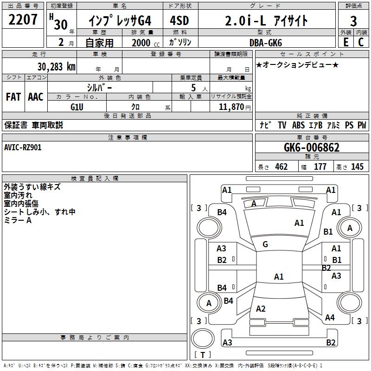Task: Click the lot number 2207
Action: pyautogui.click(x=23, y=19)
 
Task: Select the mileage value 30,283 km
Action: pyautogui.click(x=56, y=67)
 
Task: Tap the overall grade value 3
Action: pyautogui.click(x=353, y=21)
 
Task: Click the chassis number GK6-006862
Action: pyautogui.click(x=312, y=147)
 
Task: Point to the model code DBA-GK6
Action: pyautogui.click(x=266, y=43)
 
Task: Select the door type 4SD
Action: pyautogui.click(x=179, y=20)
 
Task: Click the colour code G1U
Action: pyautogui.click(x=77, y=107)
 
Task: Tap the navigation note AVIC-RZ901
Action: pyautogui.click(x=23, y=147)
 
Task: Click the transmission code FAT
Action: pyautogui.click(x=13, y=97)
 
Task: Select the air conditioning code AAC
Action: pyautogui.click(x=36, y=97)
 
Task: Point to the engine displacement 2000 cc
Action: pyautogui.click(x=146, y=43)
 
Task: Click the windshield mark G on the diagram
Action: pyautogui.click(x=265, y=244)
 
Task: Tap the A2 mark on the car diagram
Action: pyautogui.click(x=261, y=308)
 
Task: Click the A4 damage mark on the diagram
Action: pyautogui.click(x=330, y=317)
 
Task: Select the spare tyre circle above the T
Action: pyautogui.click(x=203, y=339)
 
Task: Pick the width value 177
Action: pyautogui.click(x=320, y=166)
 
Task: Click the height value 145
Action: pyautogui.click(x=357, y=166)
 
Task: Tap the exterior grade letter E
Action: pyautogui.click(x=346, y=42)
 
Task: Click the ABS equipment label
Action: pyautogui.click(x=298, y=125)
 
